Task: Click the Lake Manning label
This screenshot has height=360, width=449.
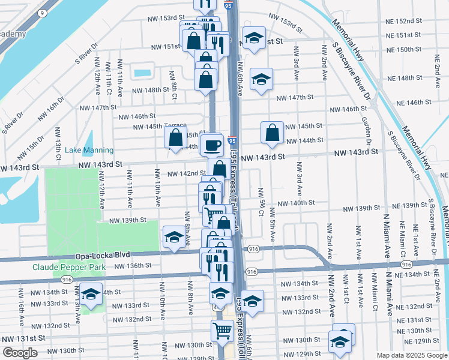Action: click(89, 150)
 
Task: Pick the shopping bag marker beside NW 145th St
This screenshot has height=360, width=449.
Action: click(272, 133)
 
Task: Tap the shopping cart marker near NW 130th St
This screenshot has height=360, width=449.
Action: click(222, 331)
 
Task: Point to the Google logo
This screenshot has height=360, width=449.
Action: click(20, 353)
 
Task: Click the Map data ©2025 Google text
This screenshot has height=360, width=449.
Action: click(412, 355)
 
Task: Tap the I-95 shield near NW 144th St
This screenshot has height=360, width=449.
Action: click(232, 140)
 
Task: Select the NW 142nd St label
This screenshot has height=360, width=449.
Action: click(187, 173)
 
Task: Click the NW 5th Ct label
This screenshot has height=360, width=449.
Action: click(261, 202)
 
